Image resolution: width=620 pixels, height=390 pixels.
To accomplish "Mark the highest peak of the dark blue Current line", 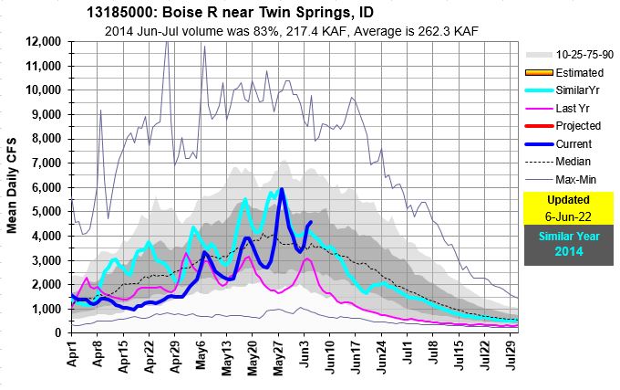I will coord(282,190).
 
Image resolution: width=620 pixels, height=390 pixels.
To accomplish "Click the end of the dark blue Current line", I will coord(311,222).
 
